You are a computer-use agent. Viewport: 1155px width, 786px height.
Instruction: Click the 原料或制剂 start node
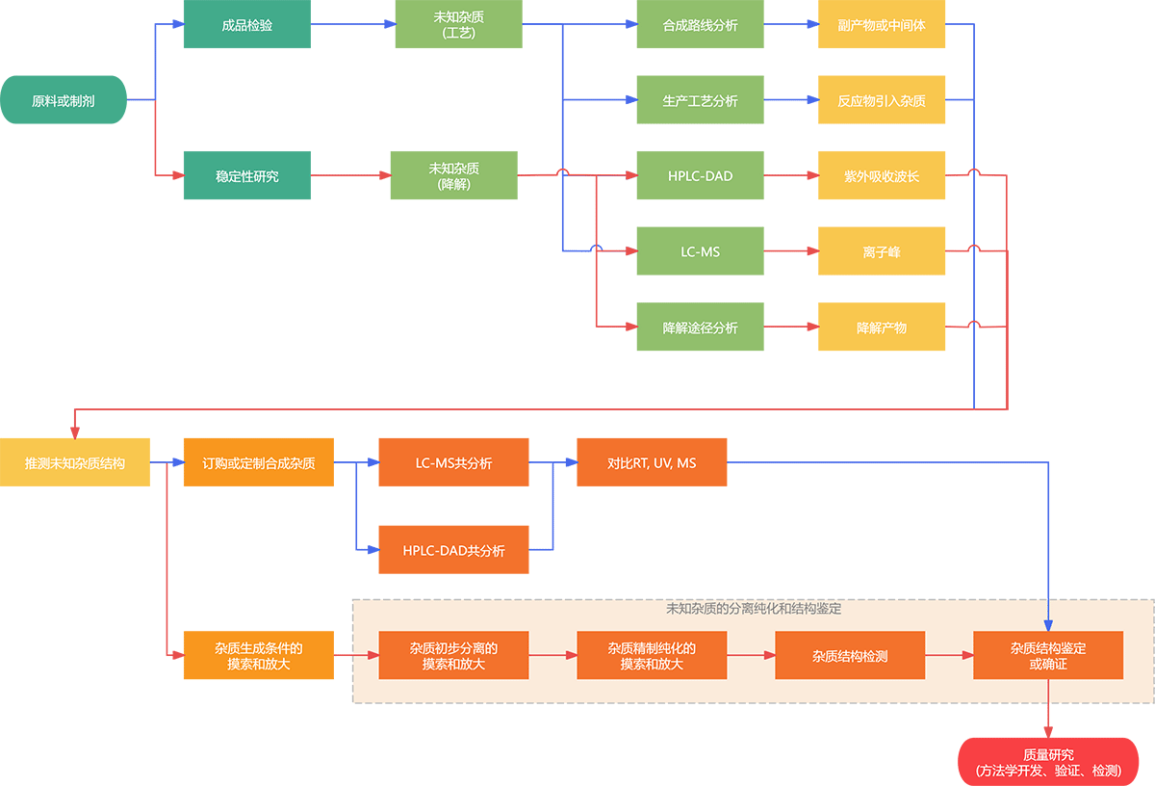pos(64,100)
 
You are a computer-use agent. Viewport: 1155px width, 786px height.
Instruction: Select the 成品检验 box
pos(247,24)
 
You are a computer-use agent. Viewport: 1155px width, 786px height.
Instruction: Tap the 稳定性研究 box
pos(247,175)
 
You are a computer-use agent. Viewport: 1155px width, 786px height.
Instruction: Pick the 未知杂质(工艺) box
pos(459,24)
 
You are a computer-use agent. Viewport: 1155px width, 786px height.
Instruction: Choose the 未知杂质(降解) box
pos(454,175)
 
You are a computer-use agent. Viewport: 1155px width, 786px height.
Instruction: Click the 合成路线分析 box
pos(701,24)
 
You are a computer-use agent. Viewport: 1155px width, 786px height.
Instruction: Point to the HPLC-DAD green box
pos(701,175)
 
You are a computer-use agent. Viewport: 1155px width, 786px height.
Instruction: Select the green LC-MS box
pos(701,251)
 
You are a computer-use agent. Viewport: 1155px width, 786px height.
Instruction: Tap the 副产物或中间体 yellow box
pos(882,24)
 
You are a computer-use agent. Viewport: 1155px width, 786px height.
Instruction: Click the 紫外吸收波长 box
pos(882,175)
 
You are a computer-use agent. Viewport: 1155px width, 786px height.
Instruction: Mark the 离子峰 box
pos(882,251)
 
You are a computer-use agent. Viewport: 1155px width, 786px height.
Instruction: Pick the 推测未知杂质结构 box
pos(75,462)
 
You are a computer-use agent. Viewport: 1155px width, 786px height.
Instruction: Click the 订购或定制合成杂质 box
pos(259,462)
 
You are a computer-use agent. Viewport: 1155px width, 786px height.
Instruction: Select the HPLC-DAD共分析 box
pos(454,550)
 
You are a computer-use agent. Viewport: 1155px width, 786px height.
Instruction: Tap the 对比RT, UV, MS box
pos(652,462)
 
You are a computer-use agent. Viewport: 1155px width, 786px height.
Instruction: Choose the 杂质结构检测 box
pos(850,655)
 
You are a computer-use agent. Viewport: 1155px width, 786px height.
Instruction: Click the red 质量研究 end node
pos(1048,762)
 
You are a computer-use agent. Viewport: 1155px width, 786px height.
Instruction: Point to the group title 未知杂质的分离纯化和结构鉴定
pos(754,609)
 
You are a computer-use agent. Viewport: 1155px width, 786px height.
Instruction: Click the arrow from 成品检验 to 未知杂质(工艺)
pos(352,24)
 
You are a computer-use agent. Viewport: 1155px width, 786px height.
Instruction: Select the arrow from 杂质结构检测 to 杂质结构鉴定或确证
pos(949,655)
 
